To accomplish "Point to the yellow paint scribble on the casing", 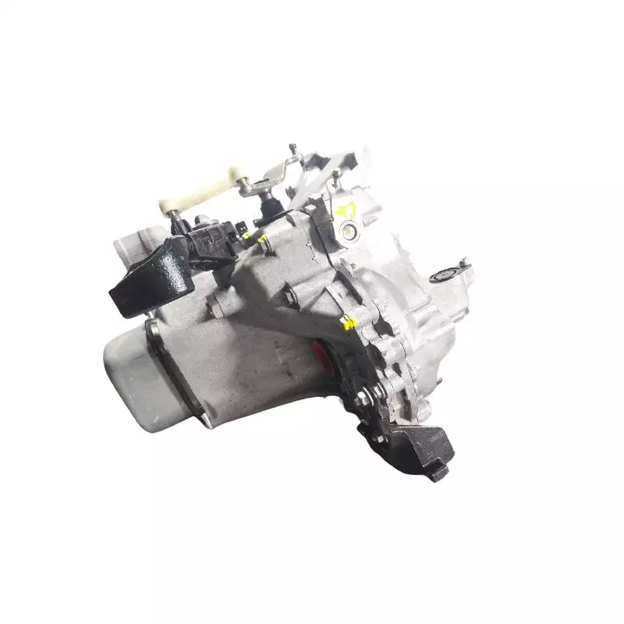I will coord(347,208).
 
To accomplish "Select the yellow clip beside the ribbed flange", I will coord(351,321).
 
